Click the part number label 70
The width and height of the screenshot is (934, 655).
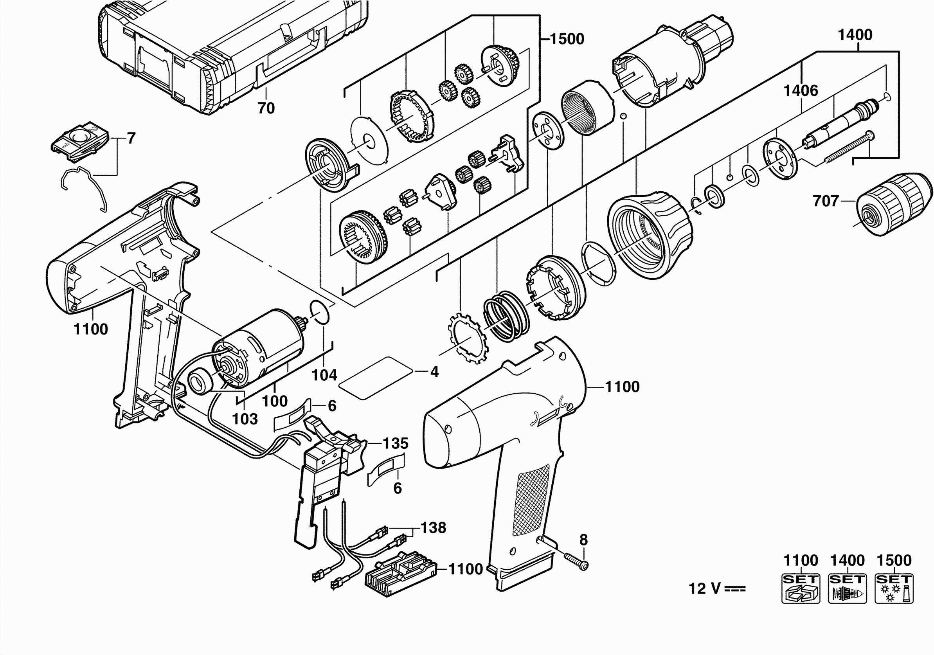click(x=266, y=108)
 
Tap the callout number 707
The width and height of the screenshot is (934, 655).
click(x=826, y=201)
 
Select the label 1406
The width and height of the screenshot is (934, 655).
click(x=801, y=90)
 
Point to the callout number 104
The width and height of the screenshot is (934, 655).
click(x=324, y=375)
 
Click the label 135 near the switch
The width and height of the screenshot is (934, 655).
click(x=396, y=443)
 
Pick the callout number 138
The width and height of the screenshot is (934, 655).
click(x=433, y=528)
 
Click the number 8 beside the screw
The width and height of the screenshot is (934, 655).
click(x=583, y=540)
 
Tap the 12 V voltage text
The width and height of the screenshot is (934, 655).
click(x=716, y=588)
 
